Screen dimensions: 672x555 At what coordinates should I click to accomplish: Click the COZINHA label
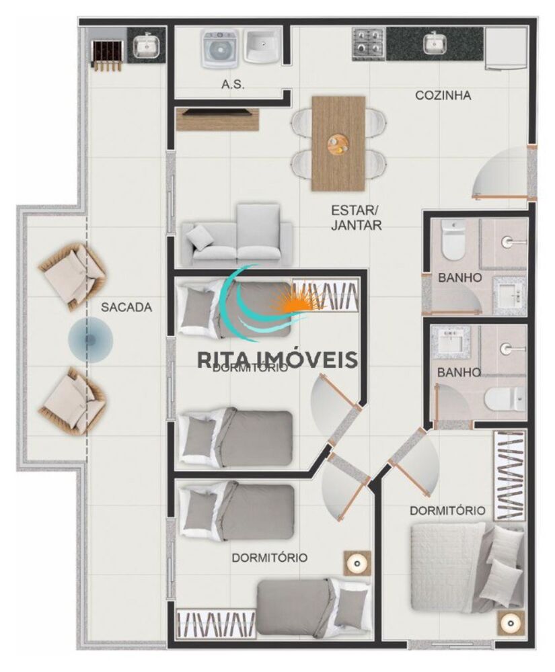click(x=443, y=95)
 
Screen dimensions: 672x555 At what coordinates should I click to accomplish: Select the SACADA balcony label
click(x=126, y=308)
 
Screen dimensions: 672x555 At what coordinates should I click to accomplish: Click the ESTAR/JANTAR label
click(x=356, y=213)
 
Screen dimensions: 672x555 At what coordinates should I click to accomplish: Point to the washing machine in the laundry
click(x=219, y=48)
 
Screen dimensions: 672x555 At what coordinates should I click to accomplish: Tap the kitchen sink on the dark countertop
click(x=433, y=44)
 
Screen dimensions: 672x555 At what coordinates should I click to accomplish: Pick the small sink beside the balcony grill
click(x=145, y=46)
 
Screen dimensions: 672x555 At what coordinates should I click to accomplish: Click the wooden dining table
click(x=338, y=142)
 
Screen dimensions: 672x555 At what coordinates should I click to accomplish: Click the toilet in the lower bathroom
click(x=504, y=400)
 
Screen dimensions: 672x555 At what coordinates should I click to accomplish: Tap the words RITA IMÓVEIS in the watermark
click(x=277, y=360)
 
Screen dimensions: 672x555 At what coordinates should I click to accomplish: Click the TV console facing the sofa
click(x=217, y=119)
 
